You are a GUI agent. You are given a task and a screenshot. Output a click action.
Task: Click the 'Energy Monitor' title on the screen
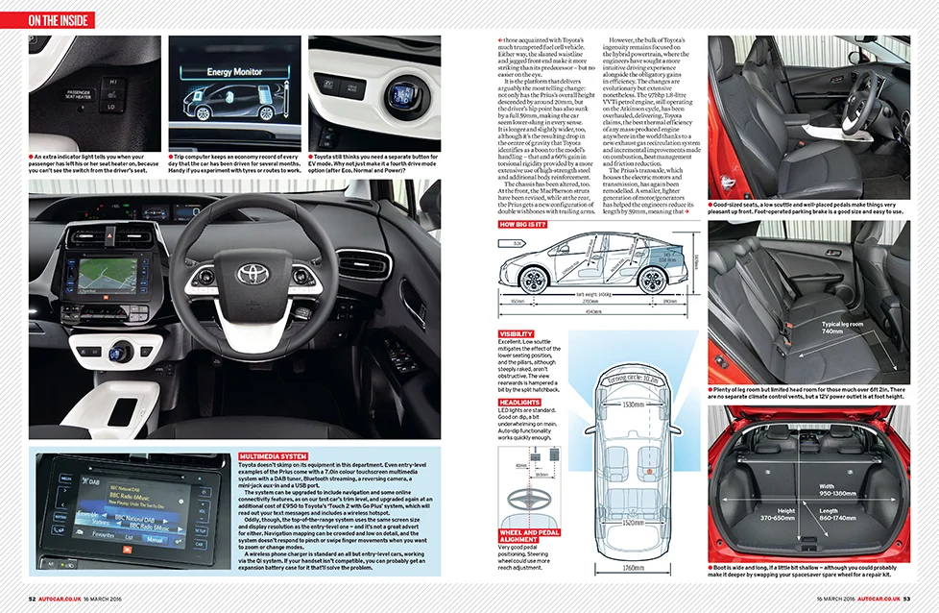233,71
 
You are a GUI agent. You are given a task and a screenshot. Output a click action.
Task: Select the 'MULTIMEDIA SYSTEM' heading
273,456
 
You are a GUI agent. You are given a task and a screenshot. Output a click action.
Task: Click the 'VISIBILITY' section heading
518,333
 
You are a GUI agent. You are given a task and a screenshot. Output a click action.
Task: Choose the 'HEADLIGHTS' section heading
519,402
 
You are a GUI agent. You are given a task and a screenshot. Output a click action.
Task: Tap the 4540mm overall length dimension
595,310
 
